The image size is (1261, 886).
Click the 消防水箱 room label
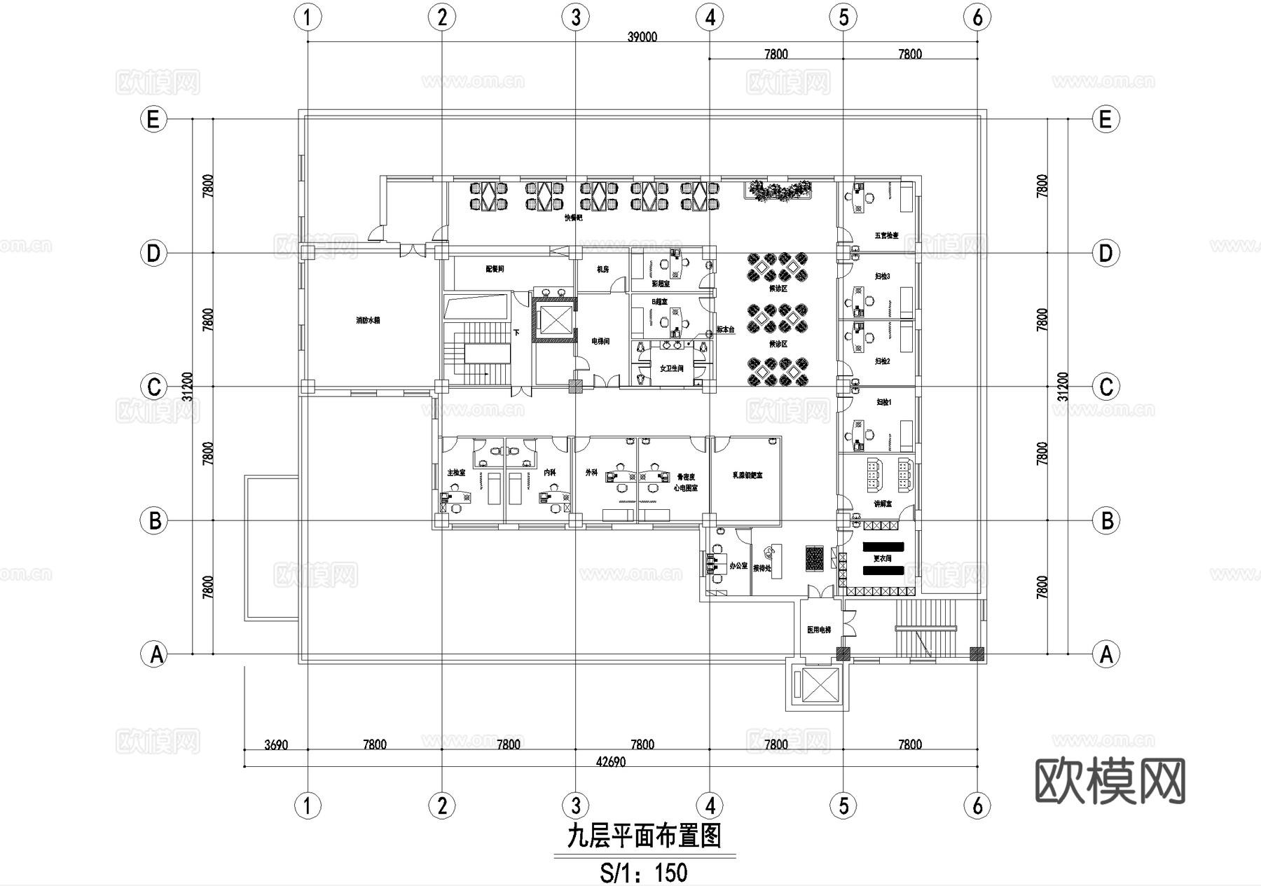pyautogui.click(x=367, y=321)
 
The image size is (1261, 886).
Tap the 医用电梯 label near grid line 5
pyautogui.click(x=818, y=630)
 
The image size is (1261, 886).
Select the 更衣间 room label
pyautogui.click(x=882, y=559)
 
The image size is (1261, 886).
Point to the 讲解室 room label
pyautogui.click(x=883, y=504)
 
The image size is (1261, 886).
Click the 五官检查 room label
pyautogui.click(x=886, y=236)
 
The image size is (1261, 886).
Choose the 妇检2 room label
pyautogui.click(x=883, y=361)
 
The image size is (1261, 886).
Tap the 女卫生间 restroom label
pyautogui.click(x=671, y=368)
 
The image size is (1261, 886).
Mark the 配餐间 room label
pyautogui.click(x=495, y=269)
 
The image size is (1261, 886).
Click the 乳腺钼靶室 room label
pyautogui.click(x=747, y=476)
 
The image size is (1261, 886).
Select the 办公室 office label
pyautogui.click(x=738, y=565)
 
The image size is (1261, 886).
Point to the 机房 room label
pyautogui.click(x=602, y=269)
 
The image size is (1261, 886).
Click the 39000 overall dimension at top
pyautogui.click(x=642, y=37)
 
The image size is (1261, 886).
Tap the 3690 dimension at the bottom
pyautogui.click(x=276, y=745)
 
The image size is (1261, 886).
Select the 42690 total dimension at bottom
pyautogui.click(x=610, y=762)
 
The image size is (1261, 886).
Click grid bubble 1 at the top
pyautogui.click(x=308, y=17)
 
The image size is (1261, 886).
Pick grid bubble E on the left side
pyautogui.click(x=153, y=119)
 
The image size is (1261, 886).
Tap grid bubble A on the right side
pyautogui.click(x=1105, y=654)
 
